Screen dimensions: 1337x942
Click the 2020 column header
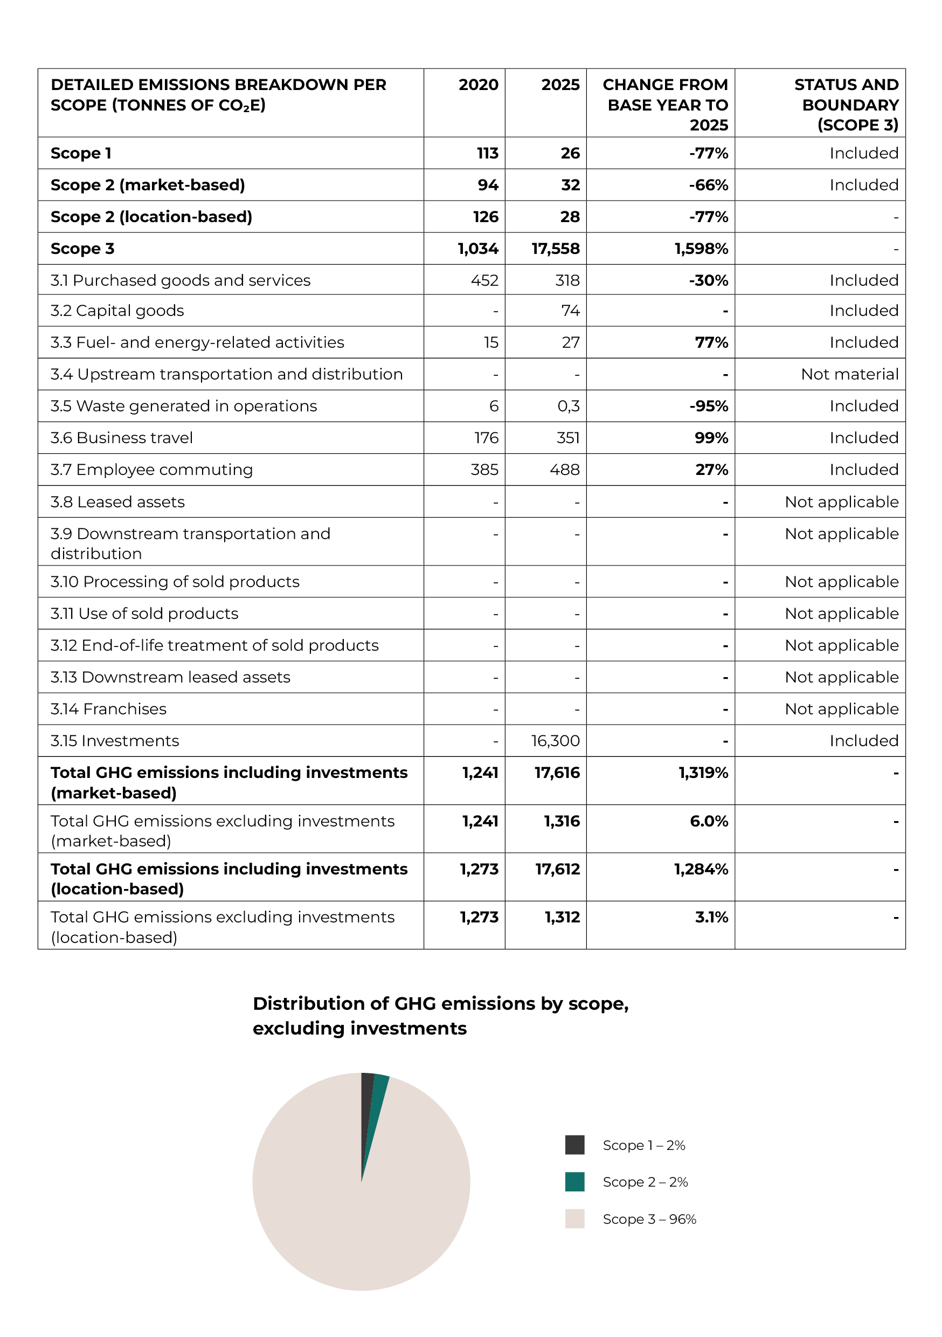[x=478, y=85]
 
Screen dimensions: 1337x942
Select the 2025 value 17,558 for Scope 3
[x=556, y=249]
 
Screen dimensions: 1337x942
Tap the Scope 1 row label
[x=81, y=153]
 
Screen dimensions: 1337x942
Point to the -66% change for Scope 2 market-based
[x=709, y=185]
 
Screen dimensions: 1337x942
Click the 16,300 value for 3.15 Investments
[x=556, y=741]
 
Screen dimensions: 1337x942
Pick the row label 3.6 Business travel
[x=122, y=438]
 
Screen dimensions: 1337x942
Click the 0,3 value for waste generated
[x=568, y=406]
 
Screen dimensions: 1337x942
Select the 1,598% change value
[x=701, y=249]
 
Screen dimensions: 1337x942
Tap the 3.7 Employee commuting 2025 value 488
[x=564, y=470]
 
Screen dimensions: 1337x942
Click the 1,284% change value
[x=701, y=870]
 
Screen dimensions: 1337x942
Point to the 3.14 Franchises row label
[x=108, y=709]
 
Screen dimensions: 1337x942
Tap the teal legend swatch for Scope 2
[x=574, y=1182]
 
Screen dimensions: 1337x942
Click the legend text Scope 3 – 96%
[x=649, y=1219]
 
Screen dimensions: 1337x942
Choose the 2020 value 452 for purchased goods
[x=484, y=281]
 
